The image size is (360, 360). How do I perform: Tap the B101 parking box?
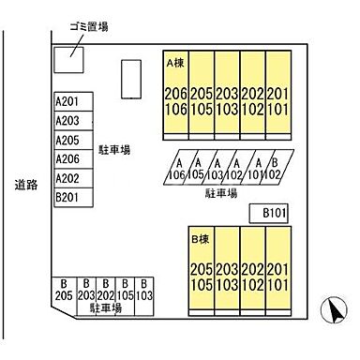274,214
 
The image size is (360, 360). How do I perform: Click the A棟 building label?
175,64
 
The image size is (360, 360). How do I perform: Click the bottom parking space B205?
63,289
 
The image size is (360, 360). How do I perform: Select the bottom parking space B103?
143,289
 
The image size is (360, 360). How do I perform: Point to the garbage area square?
67,58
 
